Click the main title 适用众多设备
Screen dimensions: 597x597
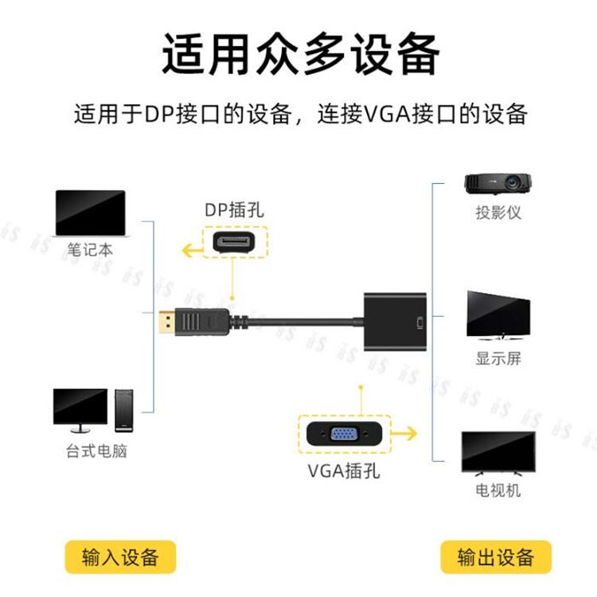tap(300, 54)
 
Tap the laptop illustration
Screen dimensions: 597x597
tap(90, 213)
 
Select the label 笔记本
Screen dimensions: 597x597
tap(90, 249)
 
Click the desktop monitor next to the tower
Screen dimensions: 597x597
tap(80, 407)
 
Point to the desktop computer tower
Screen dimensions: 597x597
tap(123, 410)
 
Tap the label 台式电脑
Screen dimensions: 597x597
tap(96, 451)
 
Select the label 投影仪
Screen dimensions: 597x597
tap(498, 213)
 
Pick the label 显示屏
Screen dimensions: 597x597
tap(498, 358)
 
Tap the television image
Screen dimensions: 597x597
tap(497, 452)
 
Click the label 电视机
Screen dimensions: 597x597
tap(497, 490)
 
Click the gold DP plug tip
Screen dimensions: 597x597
tap(165, 322)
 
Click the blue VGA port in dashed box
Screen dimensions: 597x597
tap(344, 435)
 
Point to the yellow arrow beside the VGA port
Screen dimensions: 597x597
tap(407, 435)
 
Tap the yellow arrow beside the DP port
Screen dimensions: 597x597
tap(191, 252)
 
